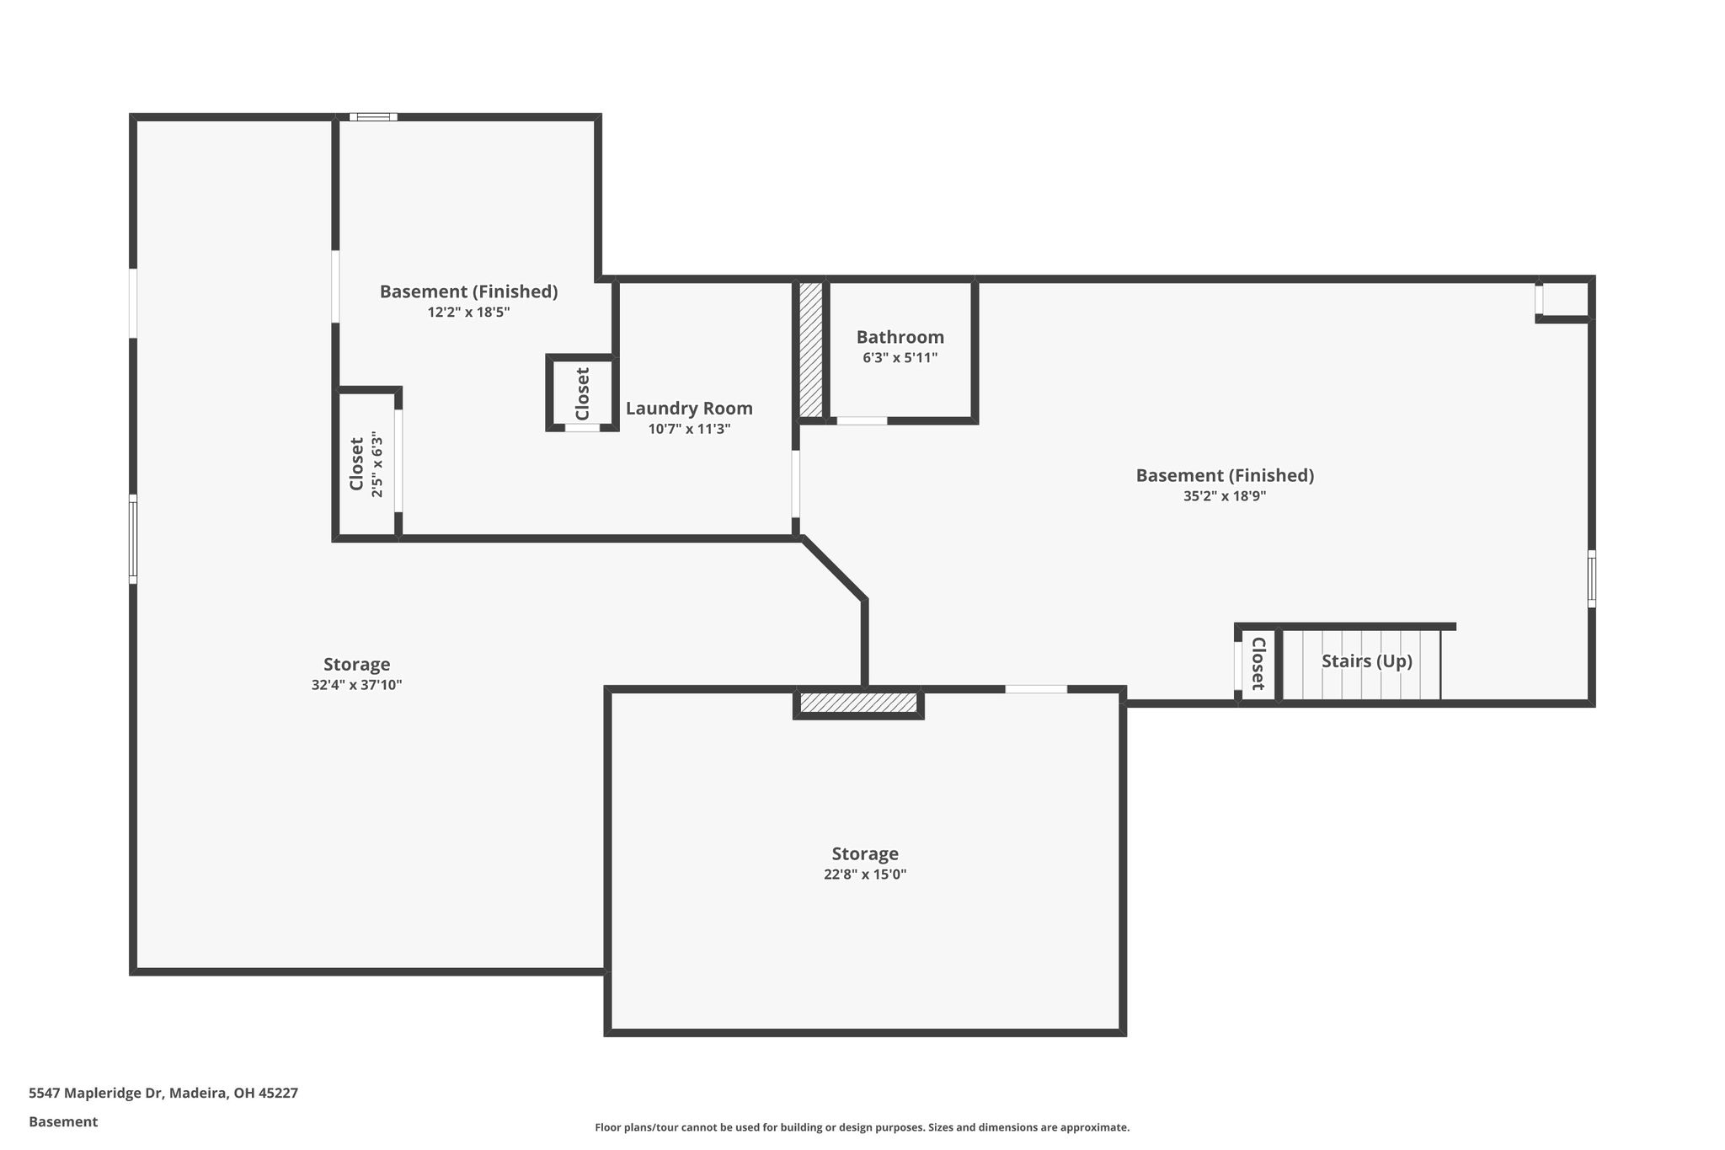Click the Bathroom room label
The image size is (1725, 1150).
point(900,337)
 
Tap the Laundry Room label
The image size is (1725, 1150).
point(689,409)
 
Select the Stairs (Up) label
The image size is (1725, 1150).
point(1366,661)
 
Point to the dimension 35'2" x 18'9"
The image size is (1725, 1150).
point(1225,496)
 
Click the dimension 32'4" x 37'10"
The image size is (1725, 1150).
point(356,685)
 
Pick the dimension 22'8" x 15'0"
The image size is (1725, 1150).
point(865,875)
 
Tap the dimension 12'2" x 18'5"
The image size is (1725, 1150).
point(468,312)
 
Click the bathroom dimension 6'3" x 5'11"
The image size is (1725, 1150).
point(900,357)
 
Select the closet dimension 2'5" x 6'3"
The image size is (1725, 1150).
point(377,464)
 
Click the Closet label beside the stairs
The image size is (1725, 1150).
point(1258,664)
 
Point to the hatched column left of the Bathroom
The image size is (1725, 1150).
point(810,350)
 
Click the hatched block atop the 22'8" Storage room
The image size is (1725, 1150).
point(858,703)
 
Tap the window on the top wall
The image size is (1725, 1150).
point(373,117)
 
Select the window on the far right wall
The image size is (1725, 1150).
point(1591,579)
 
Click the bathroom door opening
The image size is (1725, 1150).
point(862,420)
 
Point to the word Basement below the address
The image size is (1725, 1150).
point(63,1121)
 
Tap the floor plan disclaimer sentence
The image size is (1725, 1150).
point(862,1127)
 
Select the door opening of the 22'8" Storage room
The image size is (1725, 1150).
point(1036,689)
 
